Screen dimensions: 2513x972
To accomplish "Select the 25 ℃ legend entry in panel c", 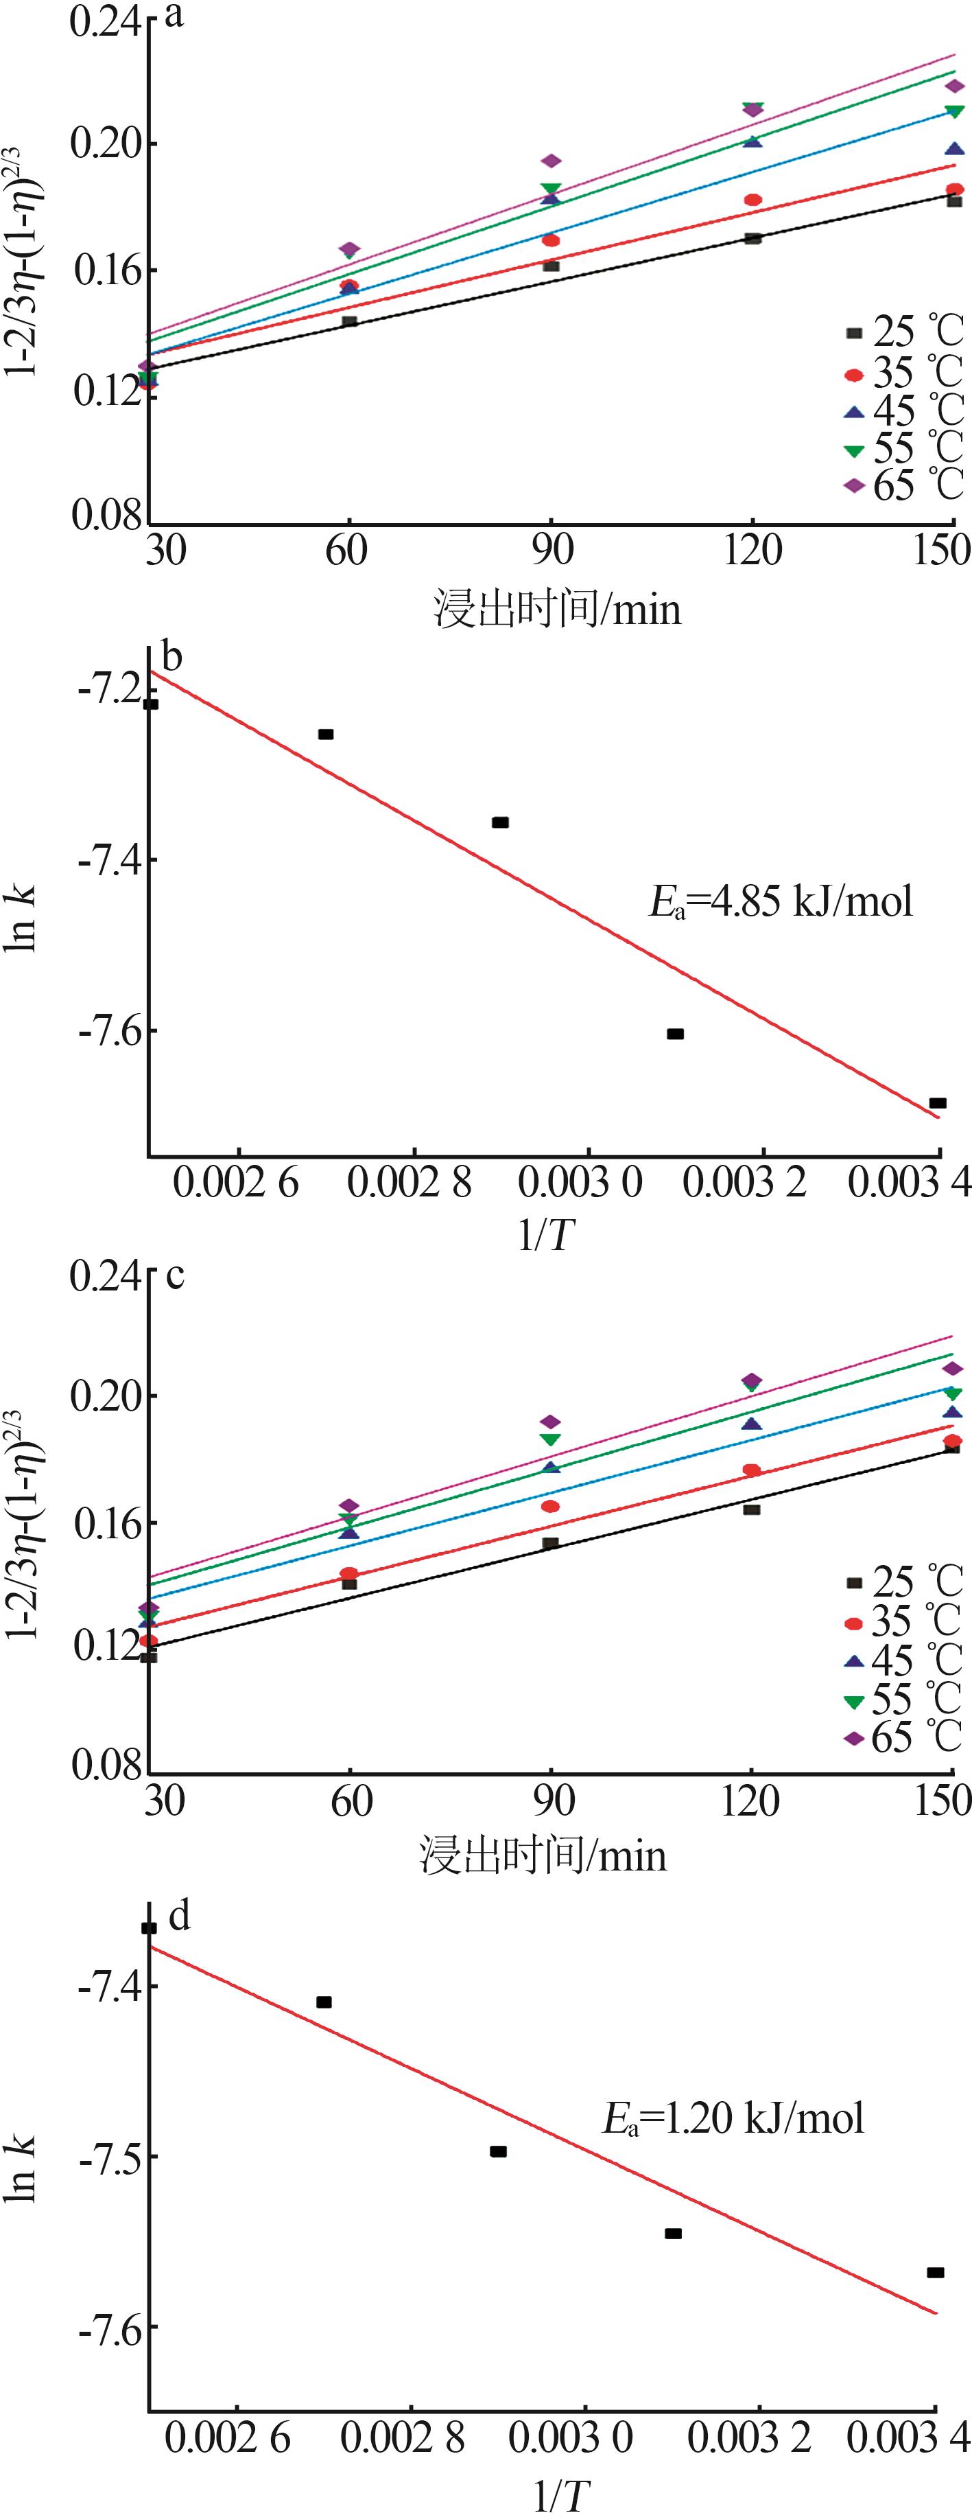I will click(x=902, y=1582).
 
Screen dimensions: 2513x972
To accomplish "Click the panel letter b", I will click(x=171, y=658).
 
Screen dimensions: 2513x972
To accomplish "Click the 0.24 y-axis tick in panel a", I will click(x=104, y=23).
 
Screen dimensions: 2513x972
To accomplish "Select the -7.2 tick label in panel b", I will click(x=108, y=691).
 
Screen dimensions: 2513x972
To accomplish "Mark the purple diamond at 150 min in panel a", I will click(x=953, y=86).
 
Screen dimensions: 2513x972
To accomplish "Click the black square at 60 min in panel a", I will click(x=349, y=321).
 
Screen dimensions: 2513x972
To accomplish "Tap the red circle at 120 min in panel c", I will click(x=752, y=1470).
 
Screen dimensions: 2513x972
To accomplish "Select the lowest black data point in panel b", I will click(x=937, y=1102).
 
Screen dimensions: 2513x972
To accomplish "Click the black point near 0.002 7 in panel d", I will click(x=324, y=2002).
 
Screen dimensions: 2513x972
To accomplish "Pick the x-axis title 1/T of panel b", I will click(x=547, y=1235).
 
